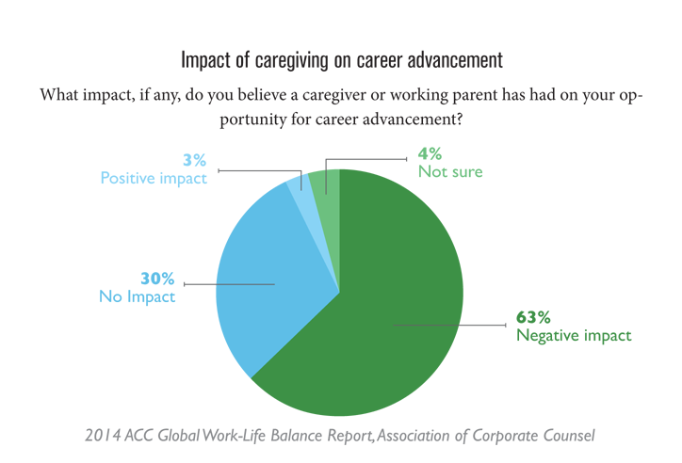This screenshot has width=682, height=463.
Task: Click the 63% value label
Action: pyautogui.click(x=533, y=317)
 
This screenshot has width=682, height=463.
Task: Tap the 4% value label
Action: pyautogui.click(x=430, y=153)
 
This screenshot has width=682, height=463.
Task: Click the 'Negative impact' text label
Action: pyautogui.click(x=573, y=335)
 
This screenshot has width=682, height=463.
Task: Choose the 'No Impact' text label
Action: pyautogui.click(x=137, y=296)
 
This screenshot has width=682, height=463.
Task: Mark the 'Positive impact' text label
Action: pyautogui.click(x=154, y=178)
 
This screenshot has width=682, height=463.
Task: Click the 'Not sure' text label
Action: pyautogui.click(x=450, y=171)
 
